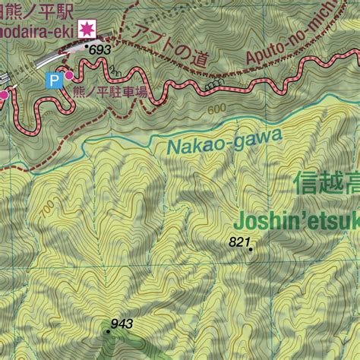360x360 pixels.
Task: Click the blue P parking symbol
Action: point(54,79)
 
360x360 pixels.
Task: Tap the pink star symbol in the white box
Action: point(87,28)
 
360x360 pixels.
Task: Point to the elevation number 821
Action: point(239,242)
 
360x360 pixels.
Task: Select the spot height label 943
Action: point(122,324)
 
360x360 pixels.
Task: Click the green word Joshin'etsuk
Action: point(296,221)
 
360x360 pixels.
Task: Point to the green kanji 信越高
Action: point(327,183)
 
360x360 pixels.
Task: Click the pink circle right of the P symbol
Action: point(69,76)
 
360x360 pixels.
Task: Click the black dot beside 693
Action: point(88,47)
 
